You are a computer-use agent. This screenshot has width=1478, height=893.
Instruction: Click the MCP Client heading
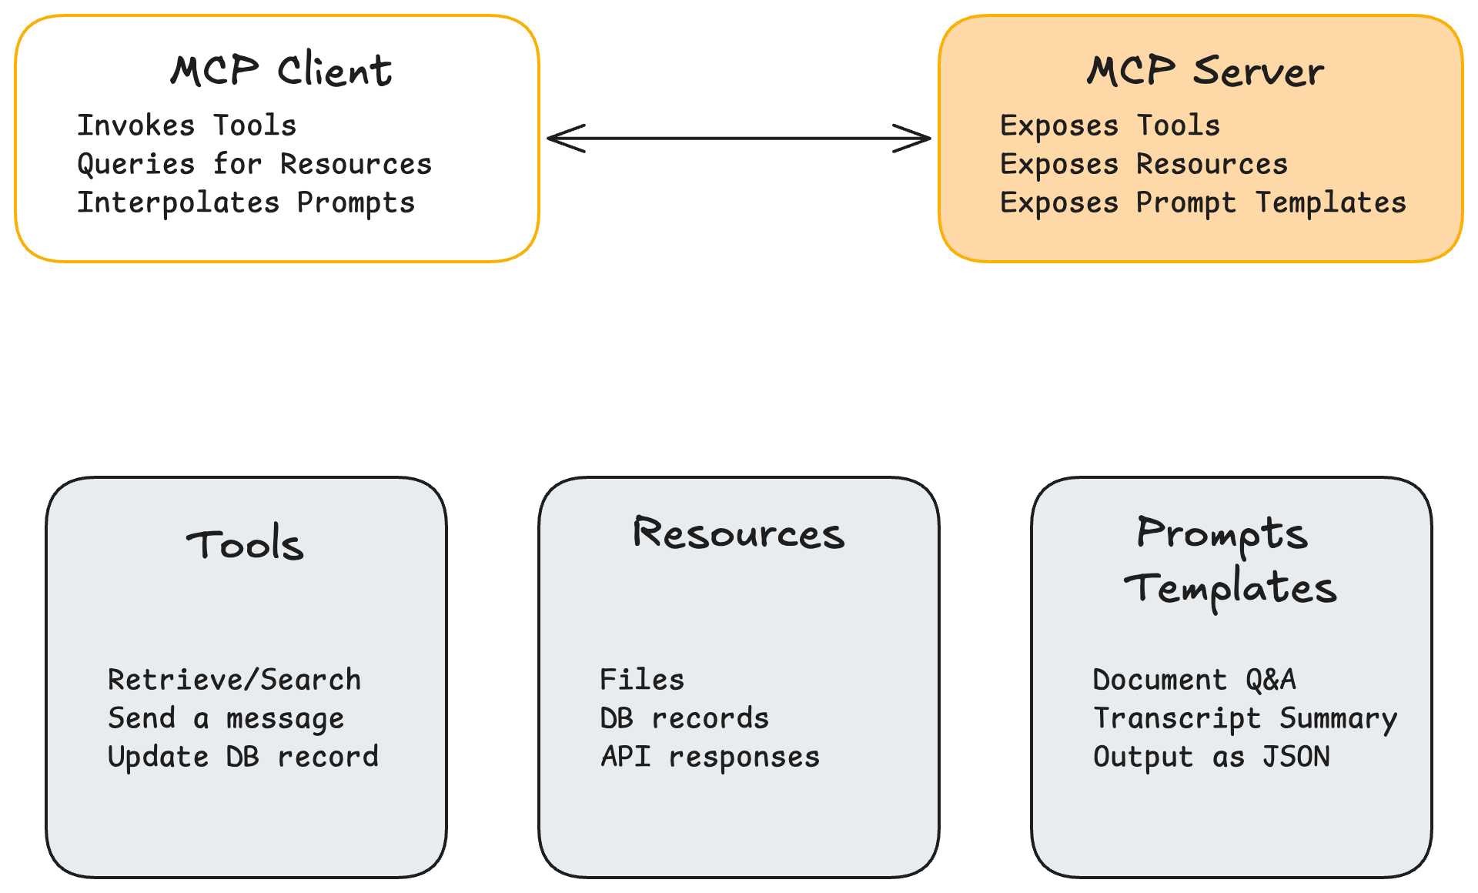tap(281, 71)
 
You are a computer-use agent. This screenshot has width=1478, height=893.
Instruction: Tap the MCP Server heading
tap(1205, 71)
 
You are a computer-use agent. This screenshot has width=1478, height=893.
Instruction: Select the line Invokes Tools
tap(187, 125)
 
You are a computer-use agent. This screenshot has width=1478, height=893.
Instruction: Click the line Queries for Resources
tap(254, 164)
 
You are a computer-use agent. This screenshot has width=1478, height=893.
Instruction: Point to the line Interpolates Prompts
tap(246, 202)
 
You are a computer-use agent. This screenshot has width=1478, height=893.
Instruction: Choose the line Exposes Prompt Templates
tap(1202, 202)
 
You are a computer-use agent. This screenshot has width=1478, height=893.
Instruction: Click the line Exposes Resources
tap(1143, 164)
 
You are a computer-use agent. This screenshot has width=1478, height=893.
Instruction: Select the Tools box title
tap(245, 544)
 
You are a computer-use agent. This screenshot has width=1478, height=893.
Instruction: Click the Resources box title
tap(738, 533)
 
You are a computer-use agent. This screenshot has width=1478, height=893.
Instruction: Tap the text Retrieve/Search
tap(234, 680)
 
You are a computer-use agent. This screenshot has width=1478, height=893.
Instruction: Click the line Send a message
tap(226, 718)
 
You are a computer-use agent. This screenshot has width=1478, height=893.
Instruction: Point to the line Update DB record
tap(242, 757)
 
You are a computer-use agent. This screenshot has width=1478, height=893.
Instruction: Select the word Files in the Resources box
tap(642, 680)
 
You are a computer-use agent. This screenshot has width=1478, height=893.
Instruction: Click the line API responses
tap(710, 757)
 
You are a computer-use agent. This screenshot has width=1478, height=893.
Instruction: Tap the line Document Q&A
tap(1194, 680)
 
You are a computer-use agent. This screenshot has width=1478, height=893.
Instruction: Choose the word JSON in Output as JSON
tap(1296, 757)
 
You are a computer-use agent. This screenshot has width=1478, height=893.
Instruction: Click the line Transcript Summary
tap(1245, 718)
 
